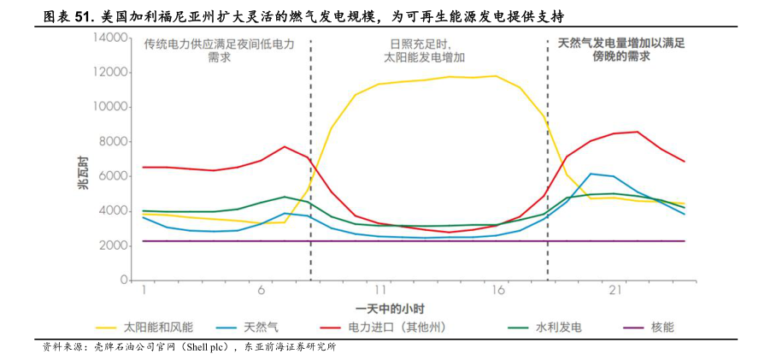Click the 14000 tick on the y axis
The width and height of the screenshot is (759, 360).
coord(111,38)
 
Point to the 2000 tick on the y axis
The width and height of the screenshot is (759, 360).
coord(115,246)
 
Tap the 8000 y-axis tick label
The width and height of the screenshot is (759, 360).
coord(115,142)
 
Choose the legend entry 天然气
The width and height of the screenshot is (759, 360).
coord(261,327)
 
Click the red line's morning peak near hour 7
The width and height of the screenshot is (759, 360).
coord(285,146)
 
